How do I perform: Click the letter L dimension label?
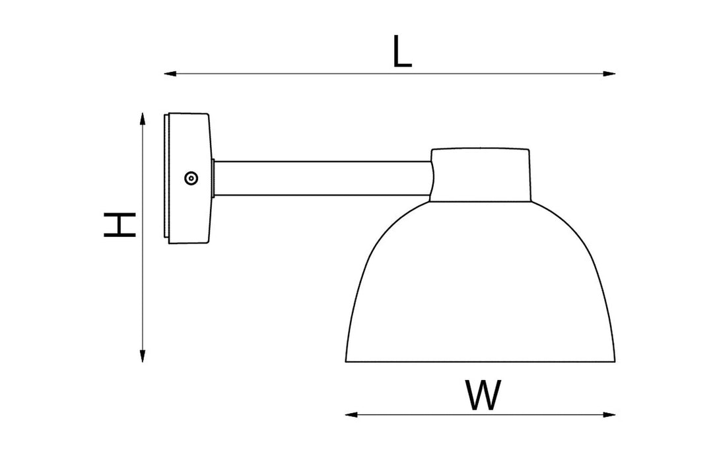(402, 52)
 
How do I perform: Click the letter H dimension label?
(120, 224)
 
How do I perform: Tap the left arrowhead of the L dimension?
(170, 74)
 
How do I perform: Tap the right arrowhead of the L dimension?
(609, 74)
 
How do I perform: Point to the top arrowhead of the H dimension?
(143, 119)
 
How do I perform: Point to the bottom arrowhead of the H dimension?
(143, 356)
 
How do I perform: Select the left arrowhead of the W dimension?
(351, 414)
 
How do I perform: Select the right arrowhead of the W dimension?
(609, 414)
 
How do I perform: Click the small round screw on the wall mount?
(191, 178)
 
